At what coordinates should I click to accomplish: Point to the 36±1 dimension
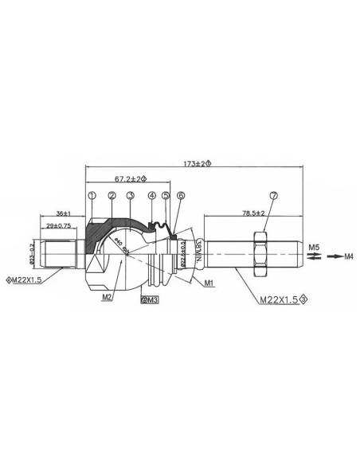coord(65,213)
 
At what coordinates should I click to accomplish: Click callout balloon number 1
coord(92,195)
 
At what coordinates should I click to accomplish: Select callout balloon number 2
coord(112,195)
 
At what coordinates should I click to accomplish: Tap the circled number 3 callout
coord(130,195)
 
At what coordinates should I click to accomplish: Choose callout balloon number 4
coord(151,195)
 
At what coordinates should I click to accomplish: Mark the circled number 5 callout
coord(165,195)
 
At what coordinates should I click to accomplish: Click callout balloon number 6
coord(181,195)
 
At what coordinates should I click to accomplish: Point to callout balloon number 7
coord(273,195)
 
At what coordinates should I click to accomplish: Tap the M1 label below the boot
coord(209,283)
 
